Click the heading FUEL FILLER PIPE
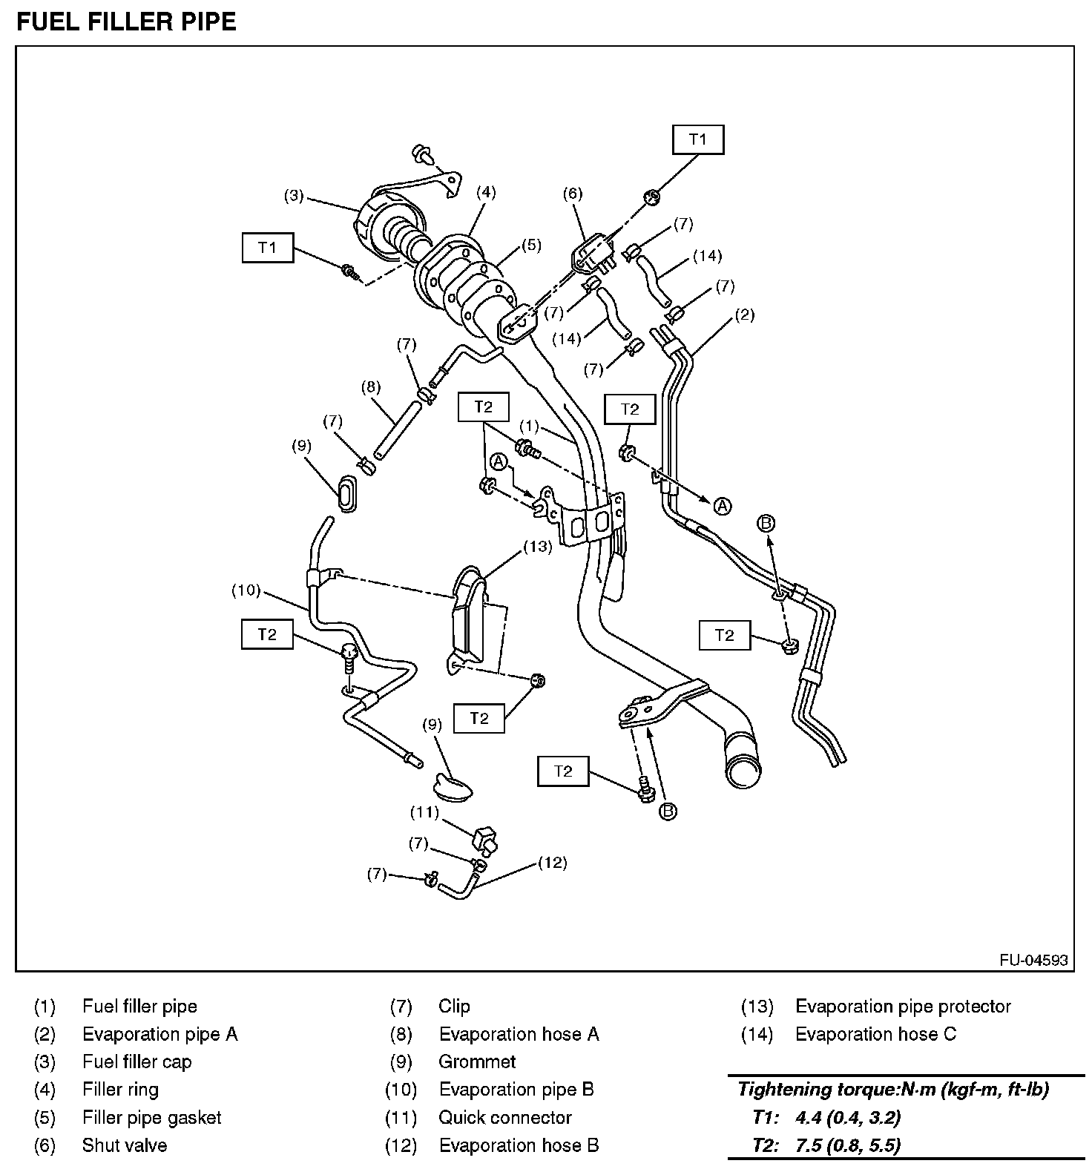pos(126,22)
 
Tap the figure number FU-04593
pos(1033,960)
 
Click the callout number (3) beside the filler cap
pos(295,196)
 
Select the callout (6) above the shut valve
pos(572,194)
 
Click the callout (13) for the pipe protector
pos(538,547)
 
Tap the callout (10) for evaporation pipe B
pos(246,590)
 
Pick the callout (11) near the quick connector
pos(425,812)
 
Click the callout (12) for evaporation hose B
pos(553,862)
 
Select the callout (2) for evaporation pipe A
pos(744,315)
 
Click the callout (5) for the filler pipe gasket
pos(531,245)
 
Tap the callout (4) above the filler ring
pos(485,193)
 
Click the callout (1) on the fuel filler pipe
pos(528,426)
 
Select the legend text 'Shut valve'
pos(124,1145)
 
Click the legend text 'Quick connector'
pos(505,1117)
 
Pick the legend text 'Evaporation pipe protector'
pos(903,1006)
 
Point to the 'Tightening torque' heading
pos(893,1089)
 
